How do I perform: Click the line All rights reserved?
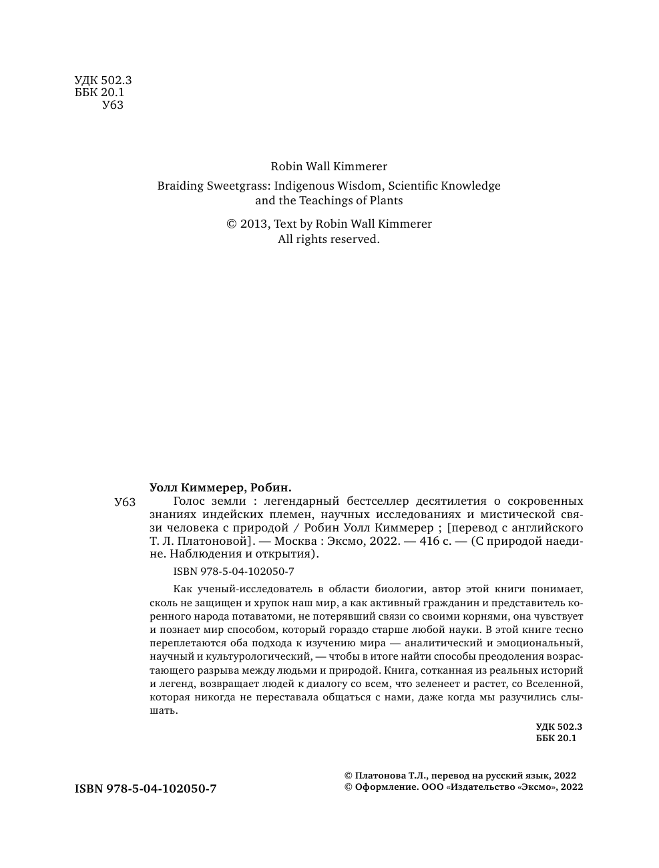[x=328, y=239]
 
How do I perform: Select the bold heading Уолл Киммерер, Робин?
[x=221, y=487]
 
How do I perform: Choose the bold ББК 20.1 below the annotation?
[x=556, y=738]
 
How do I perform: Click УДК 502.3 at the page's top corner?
[x=103, y=81]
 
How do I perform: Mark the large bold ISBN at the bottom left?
[x=146, y=789]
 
